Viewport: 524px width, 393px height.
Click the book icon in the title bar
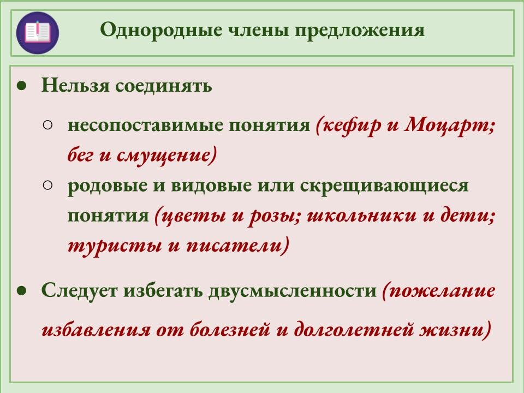37,32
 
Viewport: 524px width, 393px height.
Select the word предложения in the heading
359,31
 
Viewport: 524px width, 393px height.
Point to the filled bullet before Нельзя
21,86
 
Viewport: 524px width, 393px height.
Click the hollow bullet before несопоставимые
47,125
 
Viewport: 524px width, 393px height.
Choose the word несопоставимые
144,126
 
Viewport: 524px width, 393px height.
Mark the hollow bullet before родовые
47,185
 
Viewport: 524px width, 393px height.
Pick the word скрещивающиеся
384,186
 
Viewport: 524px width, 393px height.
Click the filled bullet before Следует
21,290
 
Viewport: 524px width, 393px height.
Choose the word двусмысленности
292,290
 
